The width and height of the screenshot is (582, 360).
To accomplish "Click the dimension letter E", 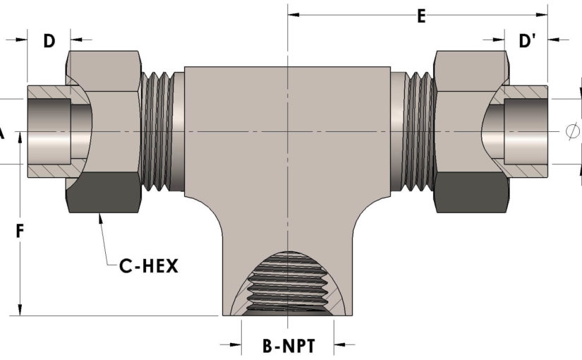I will [x=421, y=16].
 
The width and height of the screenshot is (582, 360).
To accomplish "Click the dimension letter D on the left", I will [x=49, y=41].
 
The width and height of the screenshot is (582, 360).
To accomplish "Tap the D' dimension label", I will [x=528, y=41].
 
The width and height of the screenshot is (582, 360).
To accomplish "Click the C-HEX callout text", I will [x=148, y=266].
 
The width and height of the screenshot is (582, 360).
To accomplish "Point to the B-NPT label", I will [x=287, y=346].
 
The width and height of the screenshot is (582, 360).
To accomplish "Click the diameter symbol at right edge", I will [x=573, y=131].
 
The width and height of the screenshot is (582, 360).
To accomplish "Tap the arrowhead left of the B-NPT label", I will [x=233, y=345].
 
